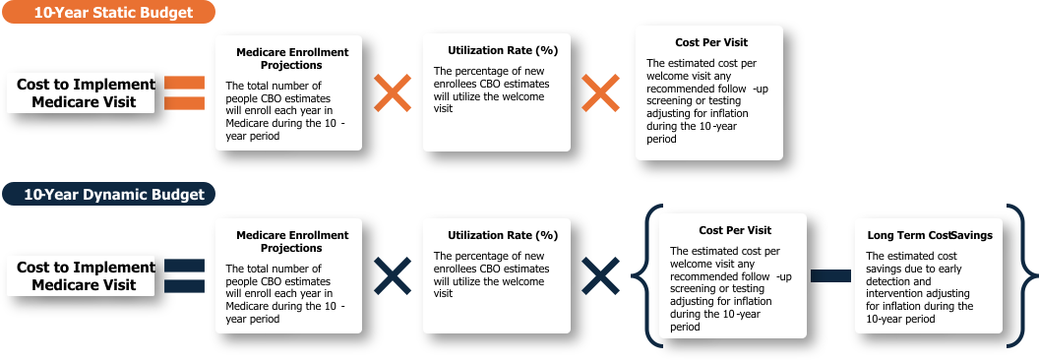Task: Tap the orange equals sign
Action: click(184, 93)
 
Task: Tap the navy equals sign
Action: click(184, 276)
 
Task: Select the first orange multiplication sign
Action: click(393, 93)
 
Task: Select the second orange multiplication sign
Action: click(600, 93)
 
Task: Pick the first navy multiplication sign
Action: click(393, 276)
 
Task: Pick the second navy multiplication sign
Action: click(600, 276)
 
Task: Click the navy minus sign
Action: click(830, 276)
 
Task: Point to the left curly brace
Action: click(652, 275)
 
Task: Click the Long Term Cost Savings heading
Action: click(930, 236)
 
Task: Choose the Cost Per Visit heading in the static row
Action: click(711, 43)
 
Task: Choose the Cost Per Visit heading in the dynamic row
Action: click(735, 230)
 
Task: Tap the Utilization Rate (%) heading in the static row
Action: click(503, 50)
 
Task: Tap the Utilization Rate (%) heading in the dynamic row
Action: click(503, 235)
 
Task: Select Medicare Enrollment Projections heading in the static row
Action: click(292, 58)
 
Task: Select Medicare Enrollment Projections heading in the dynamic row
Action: click(292, 242)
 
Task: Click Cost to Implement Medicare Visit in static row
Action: click(87, 93)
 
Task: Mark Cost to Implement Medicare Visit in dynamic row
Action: click(87, 276)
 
